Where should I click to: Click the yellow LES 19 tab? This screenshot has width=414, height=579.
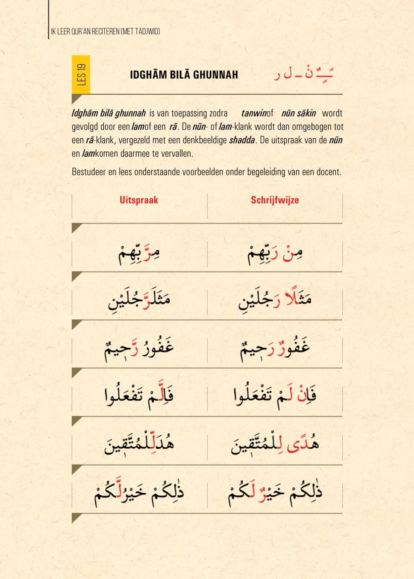coord(81,74)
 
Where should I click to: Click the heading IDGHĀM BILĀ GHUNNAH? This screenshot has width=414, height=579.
coord(184,75)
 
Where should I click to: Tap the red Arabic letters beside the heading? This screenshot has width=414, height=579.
coord(303,74)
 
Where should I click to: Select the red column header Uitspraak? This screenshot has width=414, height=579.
coord(139,200)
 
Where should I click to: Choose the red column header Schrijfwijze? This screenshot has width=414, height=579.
coord(275,200)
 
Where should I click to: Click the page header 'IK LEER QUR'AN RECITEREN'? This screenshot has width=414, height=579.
coord(106,32)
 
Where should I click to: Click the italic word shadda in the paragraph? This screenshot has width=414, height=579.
coord(242,140)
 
